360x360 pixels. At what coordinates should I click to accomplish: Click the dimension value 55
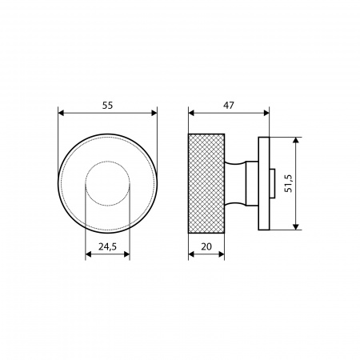[107, 106]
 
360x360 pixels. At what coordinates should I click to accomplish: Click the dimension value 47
[229, 106]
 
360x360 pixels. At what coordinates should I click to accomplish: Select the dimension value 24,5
[107, 247]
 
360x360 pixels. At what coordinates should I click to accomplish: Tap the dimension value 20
[206, 247]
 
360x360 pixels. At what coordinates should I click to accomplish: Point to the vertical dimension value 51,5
[289, 183]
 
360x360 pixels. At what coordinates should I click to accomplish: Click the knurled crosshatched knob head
[206, 183]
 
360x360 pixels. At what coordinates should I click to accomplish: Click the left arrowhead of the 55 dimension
[61, 113]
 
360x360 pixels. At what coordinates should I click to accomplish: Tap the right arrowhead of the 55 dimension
[154, 113]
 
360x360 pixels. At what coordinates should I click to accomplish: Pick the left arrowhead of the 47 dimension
[191, 113]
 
